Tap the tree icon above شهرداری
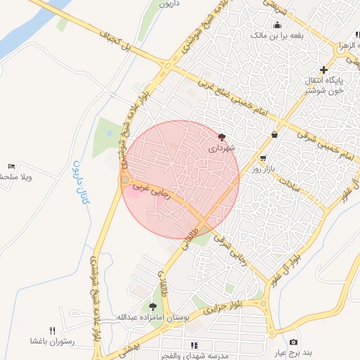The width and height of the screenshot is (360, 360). click(x=222, y=137)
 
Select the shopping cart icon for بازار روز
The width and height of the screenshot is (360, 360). click(x=263, y=158)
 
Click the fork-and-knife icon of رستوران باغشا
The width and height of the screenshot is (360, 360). click(x=52, y=330)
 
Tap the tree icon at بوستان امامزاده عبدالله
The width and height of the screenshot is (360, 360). click(x=153, y=306)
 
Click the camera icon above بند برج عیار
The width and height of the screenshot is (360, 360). click(x=293, y=341)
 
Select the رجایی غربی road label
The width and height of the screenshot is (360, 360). click(x=149, y=188)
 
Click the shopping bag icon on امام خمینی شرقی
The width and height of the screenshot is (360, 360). click(x=274, y=134)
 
